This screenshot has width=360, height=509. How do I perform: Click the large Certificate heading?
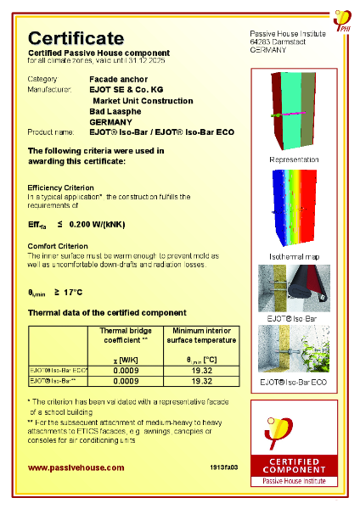tap(76, 38)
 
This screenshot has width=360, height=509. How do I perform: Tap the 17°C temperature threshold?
tap(75, 292)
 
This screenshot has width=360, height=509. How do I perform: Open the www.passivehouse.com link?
tap(76, 467)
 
